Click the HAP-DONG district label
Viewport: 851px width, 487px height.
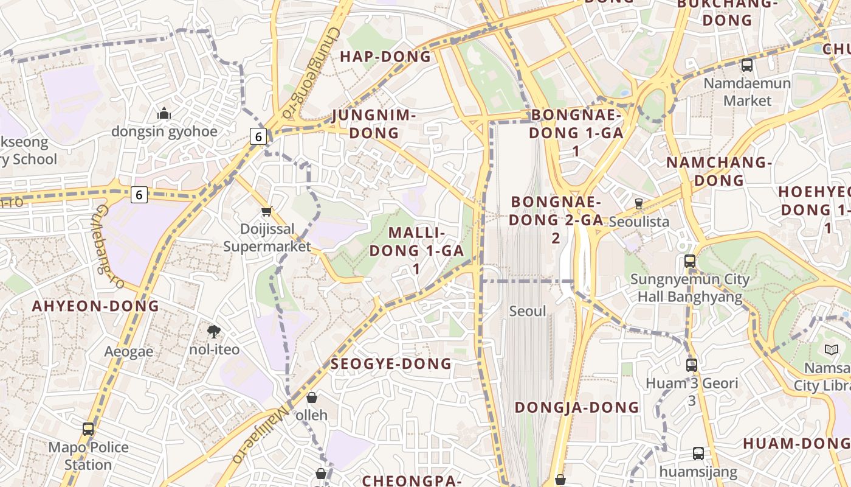[x=385, y=57]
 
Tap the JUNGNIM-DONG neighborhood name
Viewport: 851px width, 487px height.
[x=374, y=124]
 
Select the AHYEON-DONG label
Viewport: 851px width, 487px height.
[x=95, y=306]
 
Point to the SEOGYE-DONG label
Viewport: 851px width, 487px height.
[x=391, y=364]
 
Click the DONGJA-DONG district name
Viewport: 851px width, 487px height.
[x=577, y=407]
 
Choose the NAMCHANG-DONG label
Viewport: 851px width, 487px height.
[x=719, y=171]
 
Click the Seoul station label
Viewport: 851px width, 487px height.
[x=528, y=311]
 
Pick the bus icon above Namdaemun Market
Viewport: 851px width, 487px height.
[x=747, y=65]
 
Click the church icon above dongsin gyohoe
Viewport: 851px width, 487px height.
[x=164, y=113]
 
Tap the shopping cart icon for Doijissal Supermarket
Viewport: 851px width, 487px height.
[x=266, y=211]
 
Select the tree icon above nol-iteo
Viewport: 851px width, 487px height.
[x=213, y=332]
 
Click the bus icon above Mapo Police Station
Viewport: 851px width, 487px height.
[x=88, y=429]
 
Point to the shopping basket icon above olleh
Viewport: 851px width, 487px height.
[x=312, y=398]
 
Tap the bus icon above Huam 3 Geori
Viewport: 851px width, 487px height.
[x=692, y=365]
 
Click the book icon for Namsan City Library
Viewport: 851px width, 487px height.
[x=831, y=350]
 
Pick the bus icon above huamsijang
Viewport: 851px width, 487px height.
[x=698, y=454]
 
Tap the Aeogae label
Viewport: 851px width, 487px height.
[x=129, y=351]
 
